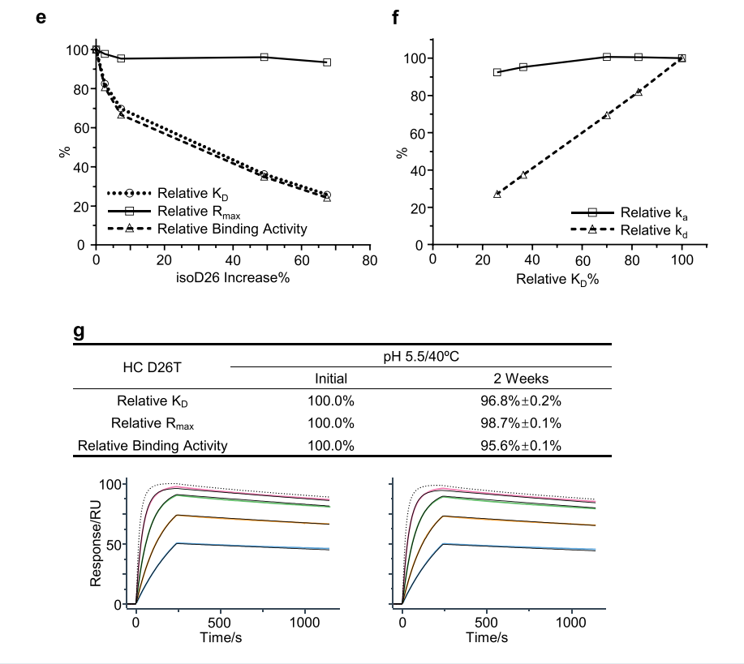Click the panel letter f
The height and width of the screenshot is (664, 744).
tap(395, 17)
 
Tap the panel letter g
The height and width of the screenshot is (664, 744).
tap(79, 331)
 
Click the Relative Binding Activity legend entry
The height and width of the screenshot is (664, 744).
tap(232, 229)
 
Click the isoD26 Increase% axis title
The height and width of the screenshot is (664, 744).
tap(233, 278)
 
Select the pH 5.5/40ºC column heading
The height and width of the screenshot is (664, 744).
tap(420, 357)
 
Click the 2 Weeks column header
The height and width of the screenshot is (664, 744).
tap(521, 379)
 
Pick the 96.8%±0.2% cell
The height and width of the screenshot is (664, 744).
tap(521, 401)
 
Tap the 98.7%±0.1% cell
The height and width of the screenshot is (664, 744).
tap(521, 422)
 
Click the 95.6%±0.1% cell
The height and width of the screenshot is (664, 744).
tap(521, 445)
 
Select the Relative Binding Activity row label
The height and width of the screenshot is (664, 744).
tap(153, 445)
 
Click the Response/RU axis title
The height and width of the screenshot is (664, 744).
tap(96, 543)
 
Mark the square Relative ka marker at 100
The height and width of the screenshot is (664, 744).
tap(682, 58)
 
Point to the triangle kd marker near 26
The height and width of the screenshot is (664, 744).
tap(497, 195)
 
